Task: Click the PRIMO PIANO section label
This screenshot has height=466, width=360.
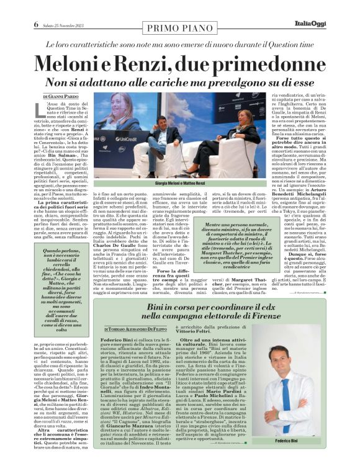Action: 179,27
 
